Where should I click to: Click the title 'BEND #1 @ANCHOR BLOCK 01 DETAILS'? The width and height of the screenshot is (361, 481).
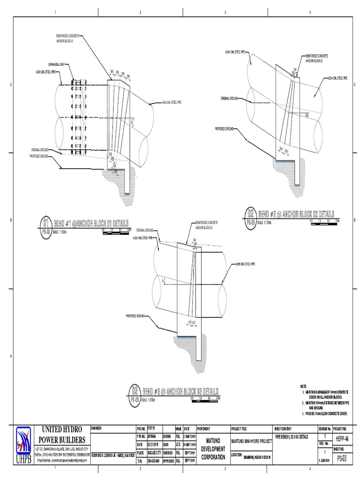coord(92,222)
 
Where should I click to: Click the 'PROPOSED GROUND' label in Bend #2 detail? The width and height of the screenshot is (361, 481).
coord(224,128)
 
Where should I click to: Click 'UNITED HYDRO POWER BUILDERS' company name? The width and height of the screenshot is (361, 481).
coord(62,434)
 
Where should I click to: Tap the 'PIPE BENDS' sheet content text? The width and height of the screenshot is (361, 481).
coord(291,437)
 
